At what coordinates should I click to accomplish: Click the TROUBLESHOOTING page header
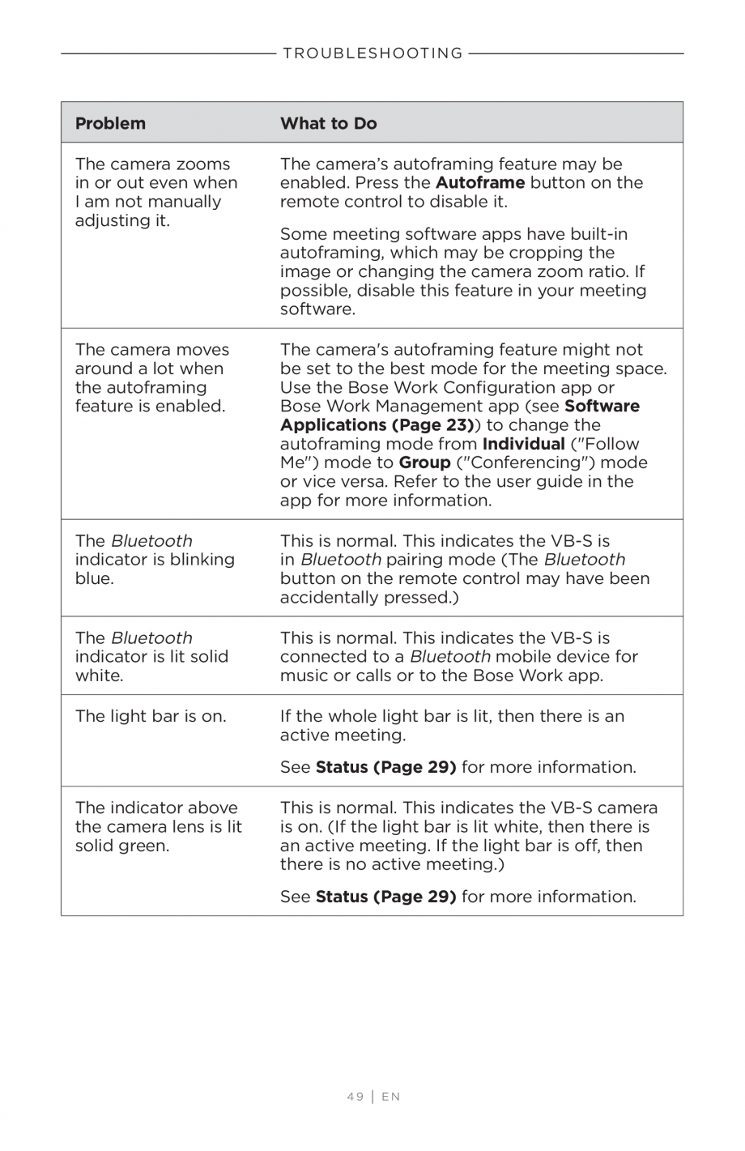click(x=372, y=53)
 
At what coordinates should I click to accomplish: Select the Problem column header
click(x=110, y=123)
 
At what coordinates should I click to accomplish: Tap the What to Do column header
click(x=328, y=123)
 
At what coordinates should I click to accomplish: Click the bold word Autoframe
click(x=479, y=183)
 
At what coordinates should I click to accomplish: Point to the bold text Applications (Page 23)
click(x=377, y=425)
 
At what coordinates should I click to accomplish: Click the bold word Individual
click(x=523, y=444)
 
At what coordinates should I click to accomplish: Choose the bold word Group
click(x=424, y=463)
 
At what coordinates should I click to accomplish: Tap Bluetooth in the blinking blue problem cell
click(x=151, y=541)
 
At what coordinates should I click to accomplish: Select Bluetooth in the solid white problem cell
click(x=151, y=638)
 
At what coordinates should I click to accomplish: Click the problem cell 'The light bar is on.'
click(x=151, y=716)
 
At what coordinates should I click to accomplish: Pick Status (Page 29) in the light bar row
click(x=385, y=767)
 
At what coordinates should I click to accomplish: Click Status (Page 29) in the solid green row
click(x=385, y=897)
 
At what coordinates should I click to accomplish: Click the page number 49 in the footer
click(x=355, y=1097)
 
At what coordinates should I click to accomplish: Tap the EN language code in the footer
click(x=391, y=1097)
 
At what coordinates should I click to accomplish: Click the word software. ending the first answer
click(x=317, y=309)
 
